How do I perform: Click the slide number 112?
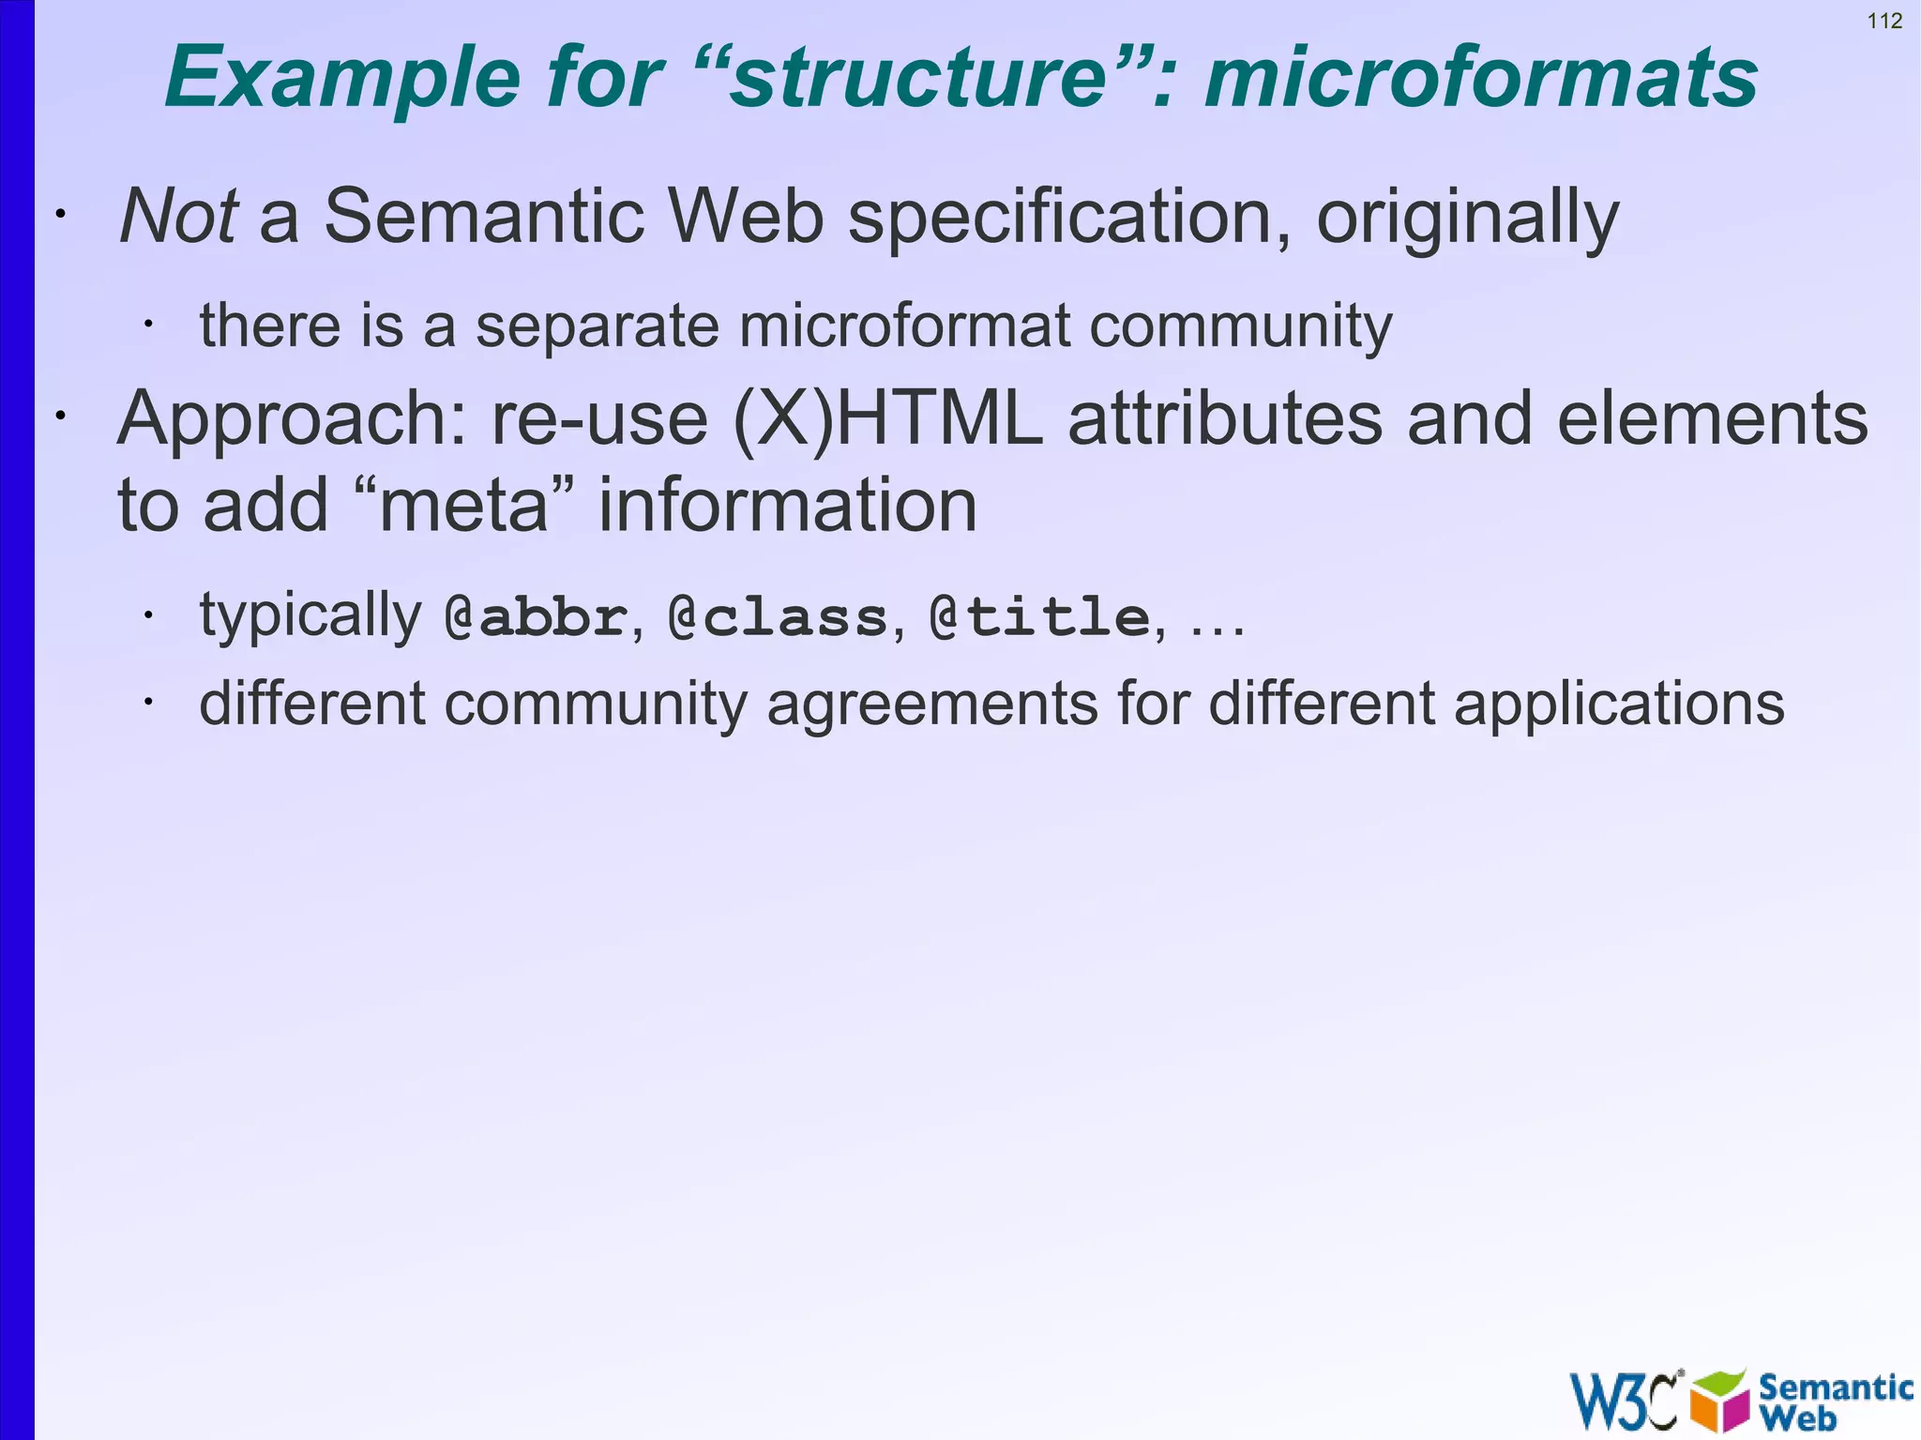coord(1884,21)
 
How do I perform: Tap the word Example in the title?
coord(342,79)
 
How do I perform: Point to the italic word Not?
coord(178,216)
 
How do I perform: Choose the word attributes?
coord(1225,419)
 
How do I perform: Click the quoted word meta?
coord(462,506)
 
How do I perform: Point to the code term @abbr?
coord(536,617)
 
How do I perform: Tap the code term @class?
coord(778,617)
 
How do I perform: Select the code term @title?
coord(1039,617)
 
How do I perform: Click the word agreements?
coord(932,705)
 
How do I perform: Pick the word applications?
coord(1619,705)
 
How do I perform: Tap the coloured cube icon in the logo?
coord(1719,1401)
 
